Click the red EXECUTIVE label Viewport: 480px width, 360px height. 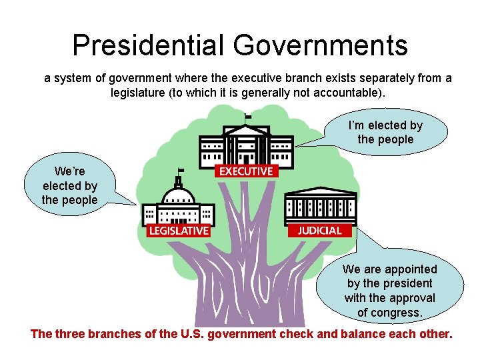tap(246, 171)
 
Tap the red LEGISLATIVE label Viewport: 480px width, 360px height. tap(178, 231)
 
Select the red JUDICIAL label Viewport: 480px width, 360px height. tap(319, 231)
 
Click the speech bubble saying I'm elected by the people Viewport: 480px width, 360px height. tap(385, 132)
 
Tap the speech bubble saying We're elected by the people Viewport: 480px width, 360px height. tap(70, 186)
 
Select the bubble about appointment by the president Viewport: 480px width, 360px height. tap(390, 291)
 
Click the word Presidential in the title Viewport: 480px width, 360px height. tap(148, 45)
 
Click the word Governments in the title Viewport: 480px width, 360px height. tap(320, 45)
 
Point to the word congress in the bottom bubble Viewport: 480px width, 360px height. tap(399, 313)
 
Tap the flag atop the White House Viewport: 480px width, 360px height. tap(248, 117)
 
